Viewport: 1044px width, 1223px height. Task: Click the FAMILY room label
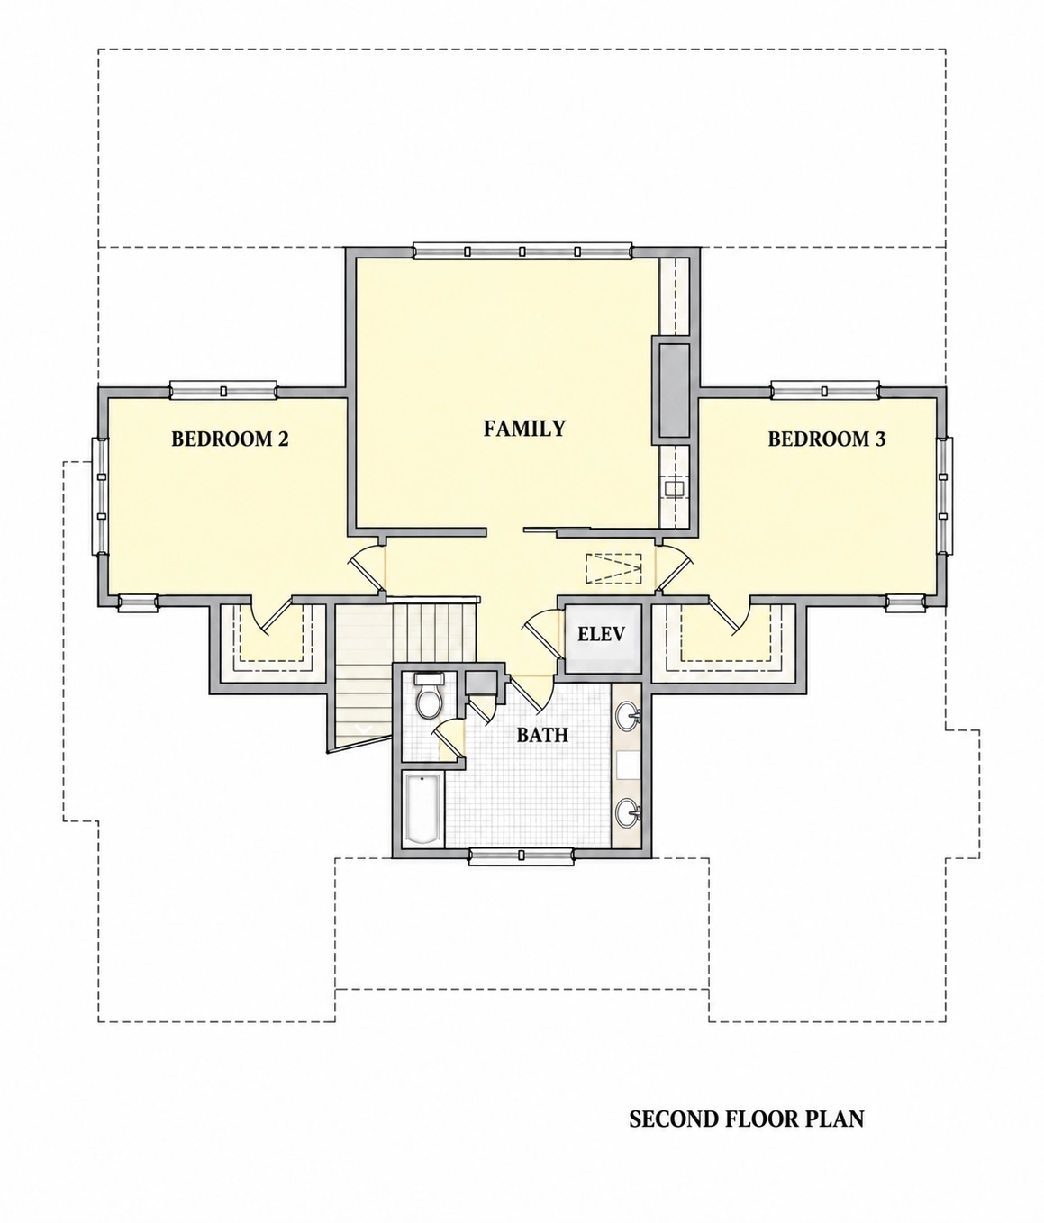click(524, 429)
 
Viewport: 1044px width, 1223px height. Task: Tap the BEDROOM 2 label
click(230, 439)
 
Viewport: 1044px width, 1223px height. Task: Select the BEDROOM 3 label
click(827, 439)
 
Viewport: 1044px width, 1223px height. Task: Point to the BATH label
click(542, 735)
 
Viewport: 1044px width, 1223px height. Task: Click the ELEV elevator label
click(601, 634)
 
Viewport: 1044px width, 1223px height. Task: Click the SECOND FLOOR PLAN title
click(747, 1119)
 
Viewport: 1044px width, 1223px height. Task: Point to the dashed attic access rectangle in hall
click(613, 568)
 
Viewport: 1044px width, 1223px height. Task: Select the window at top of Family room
click(522, 251)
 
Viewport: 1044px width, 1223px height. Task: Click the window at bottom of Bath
click(522, 856)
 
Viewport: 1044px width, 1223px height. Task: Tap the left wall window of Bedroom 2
click(100, 496)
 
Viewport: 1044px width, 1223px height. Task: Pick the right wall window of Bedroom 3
click(945, 496)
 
